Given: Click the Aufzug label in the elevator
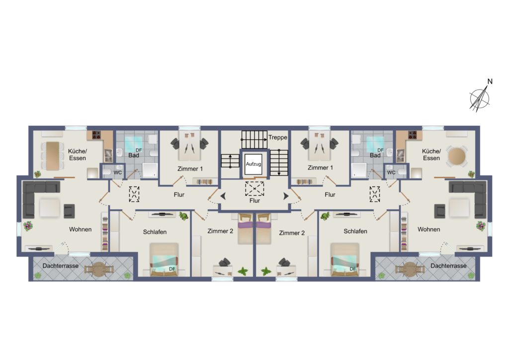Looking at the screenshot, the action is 253,164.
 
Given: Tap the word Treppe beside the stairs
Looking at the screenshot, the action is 277,137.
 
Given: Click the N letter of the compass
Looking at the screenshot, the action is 490,82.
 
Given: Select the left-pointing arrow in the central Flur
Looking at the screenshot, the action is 223,196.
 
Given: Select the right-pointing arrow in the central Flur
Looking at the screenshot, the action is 286,196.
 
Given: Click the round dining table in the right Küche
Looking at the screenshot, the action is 456,156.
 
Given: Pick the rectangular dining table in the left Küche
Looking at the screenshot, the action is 53,156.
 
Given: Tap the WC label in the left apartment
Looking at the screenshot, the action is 117,173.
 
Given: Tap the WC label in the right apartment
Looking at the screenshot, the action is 391,173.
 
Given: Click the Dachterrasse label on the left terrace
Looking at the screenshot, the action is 60,266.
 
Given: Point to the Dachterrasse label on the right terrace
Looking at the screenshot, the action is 448,266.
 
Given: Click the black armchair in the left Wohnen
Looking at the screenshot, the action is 69,211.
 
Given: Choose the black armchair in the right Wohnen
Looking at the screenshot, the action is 440,211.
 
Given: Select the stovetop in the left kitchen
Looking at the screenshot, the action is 96,135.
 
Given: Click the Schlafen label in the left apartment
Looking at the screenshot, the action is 155,232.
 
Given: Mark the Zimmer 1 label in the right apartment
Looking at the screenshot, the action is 320,168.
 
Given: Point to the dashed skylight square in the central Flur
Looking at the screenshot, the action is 254,188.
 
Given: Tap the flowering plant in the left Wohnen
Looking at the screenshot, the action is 28,226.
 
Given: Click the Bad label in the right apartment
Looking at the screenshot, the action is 375,155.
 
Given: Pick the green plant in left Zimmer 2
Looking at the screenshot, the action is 242,271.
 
